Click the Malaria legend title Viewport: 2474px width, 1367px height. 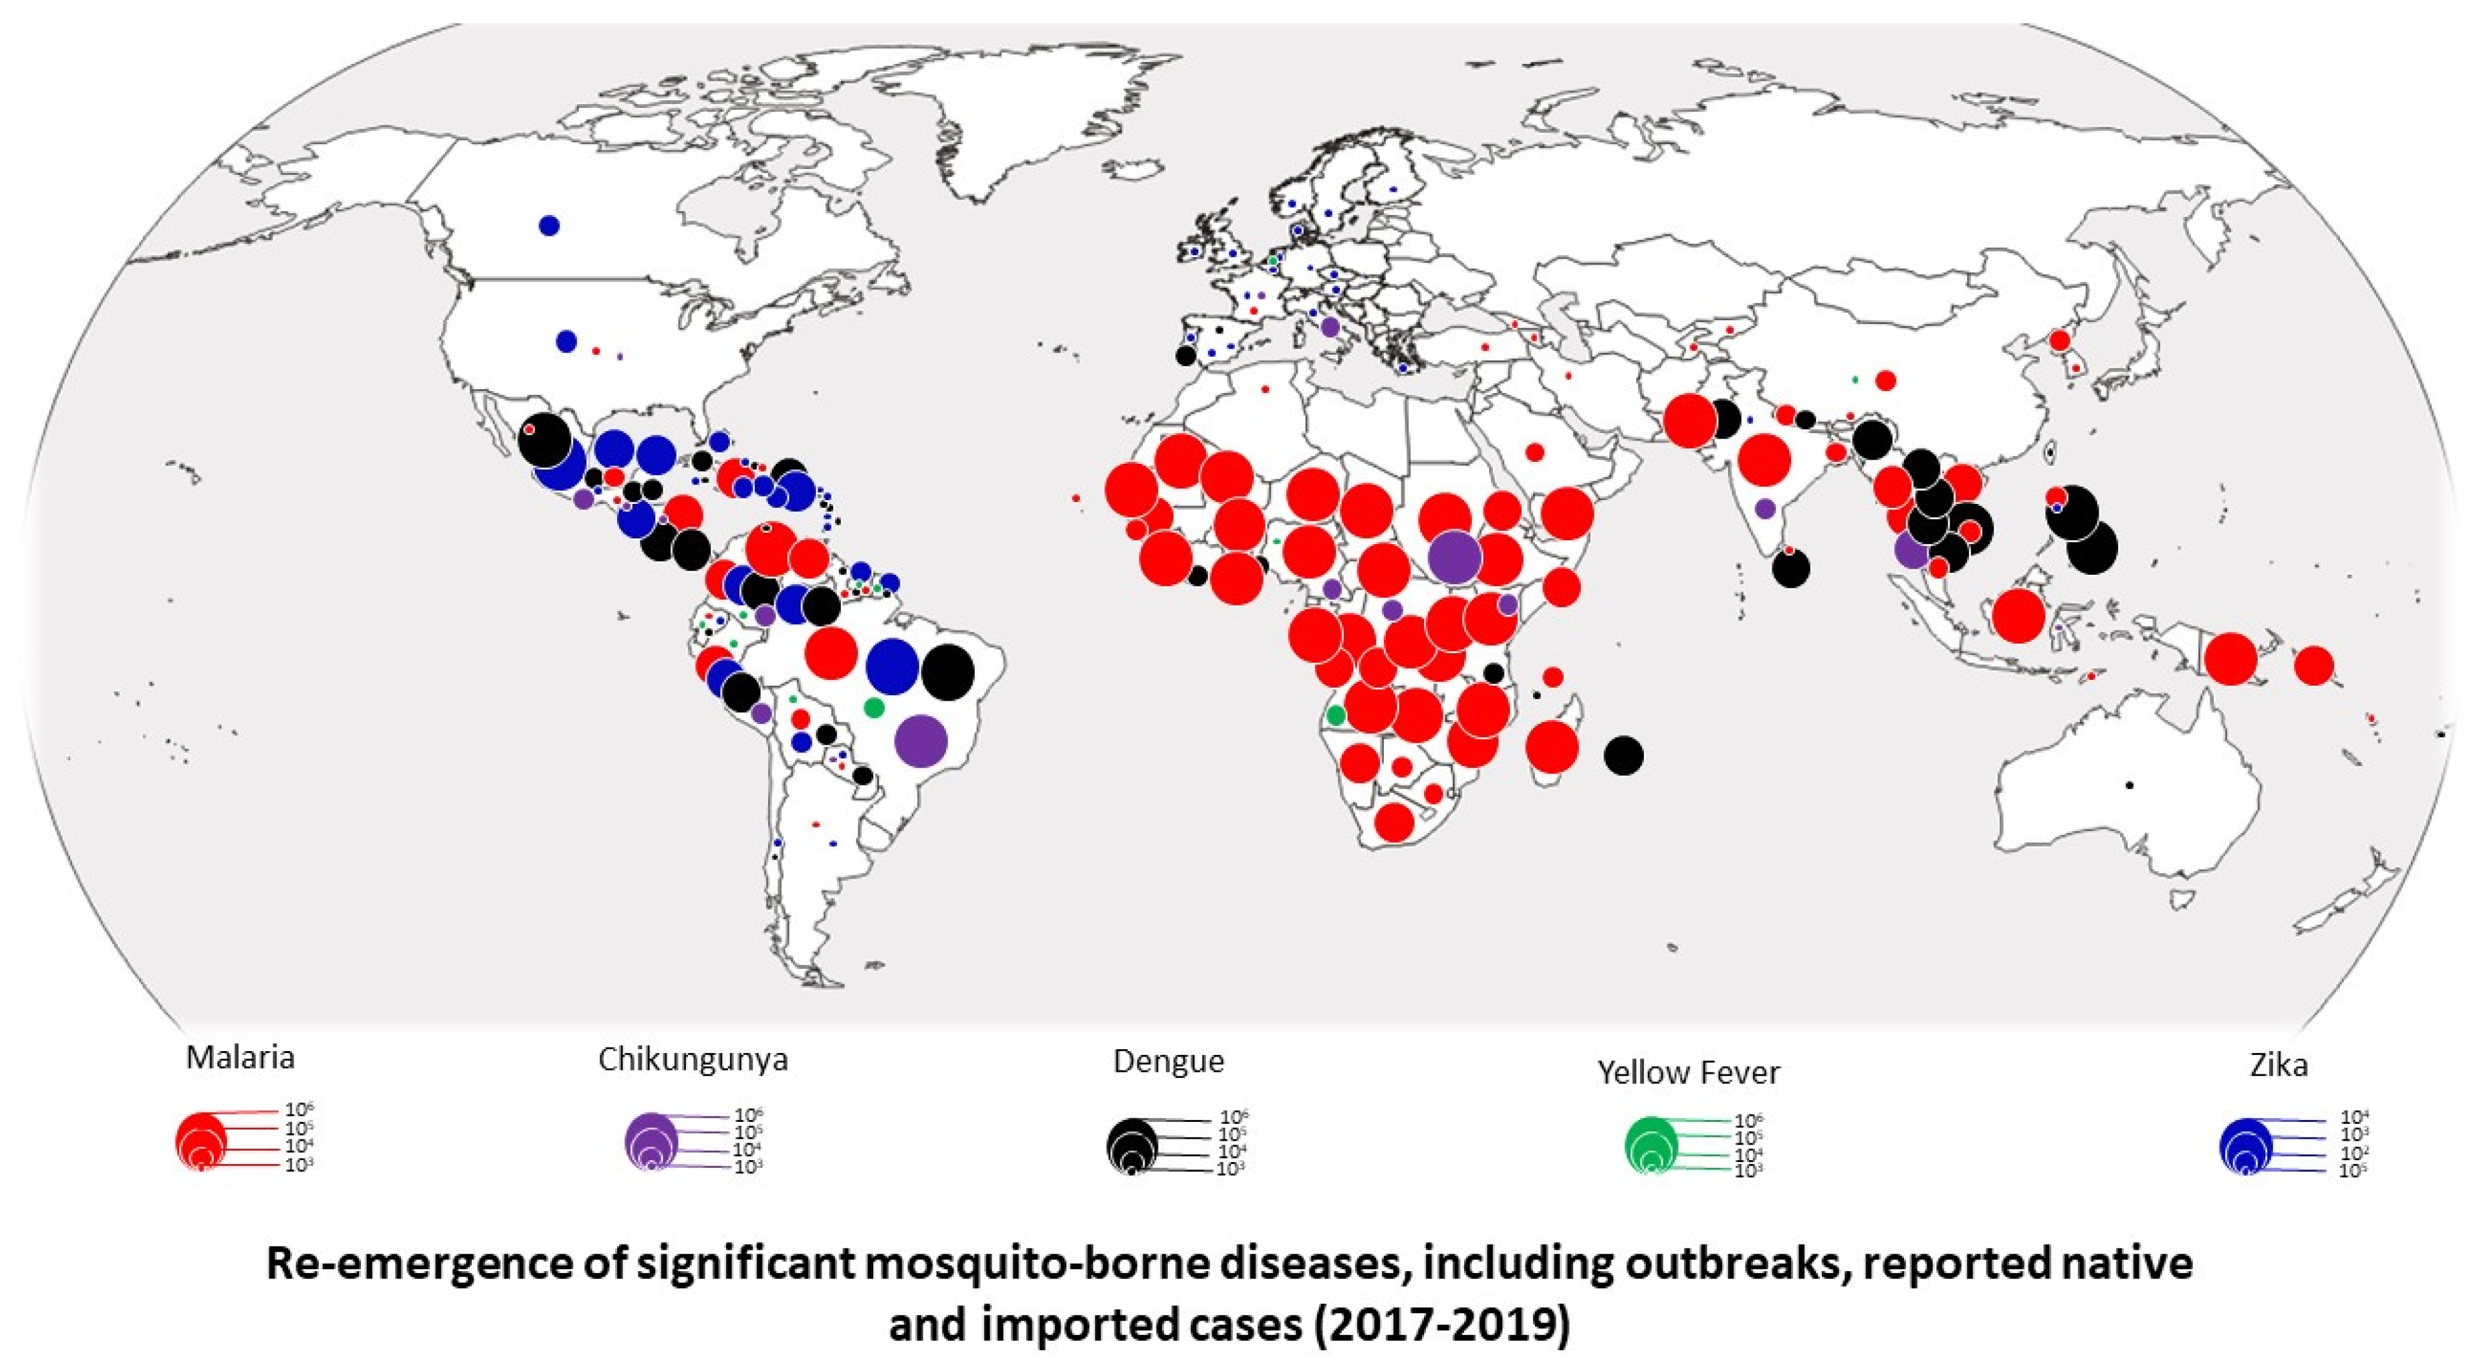coord(239,1057)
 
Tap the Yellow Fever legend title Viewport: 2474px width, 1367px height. coord(1688,1072)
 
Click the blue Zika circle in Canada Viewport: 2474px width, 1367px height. coord(548,226)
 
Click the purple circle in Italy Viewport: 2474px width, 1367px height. coord(1330,327)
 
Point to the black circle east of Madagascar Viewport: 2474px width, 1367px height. coord(1623,755)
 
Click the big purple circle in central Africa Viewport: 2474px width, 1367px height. coord(1454,557)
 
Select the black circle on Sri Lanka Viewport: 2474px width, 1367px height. coord(1791,568)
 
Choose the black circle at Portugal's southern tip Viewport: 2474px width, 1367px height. coord(1185,355)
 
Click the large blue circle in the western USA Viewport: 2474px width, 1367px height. coord(566,341)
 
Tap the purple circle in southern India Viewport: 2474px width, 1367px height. coord(1764,508)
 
